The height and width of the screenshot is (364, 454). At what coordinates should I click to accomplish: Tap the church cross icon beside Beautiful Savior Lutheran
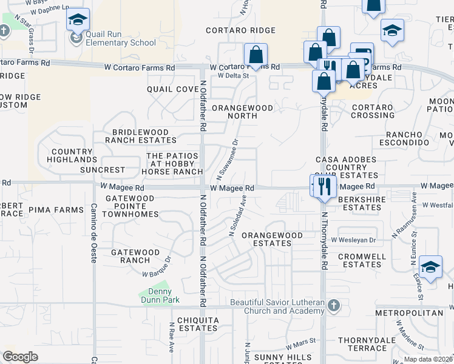(332, 305)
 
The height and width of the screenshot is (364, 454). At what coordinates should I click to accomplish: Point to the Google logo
(21, 357)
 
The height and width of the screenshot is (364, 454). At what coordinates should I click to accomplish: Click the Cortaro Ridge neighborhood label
(240, 30)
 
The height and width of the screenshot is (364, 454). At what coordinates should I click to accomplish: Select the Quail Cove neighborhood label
(173, 89)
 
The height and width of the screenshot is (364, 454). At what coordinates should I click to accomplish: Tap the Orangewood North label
(242, 113)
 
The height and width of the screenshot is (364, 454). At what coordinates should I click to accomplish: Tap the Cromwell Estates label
(362, 261)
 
